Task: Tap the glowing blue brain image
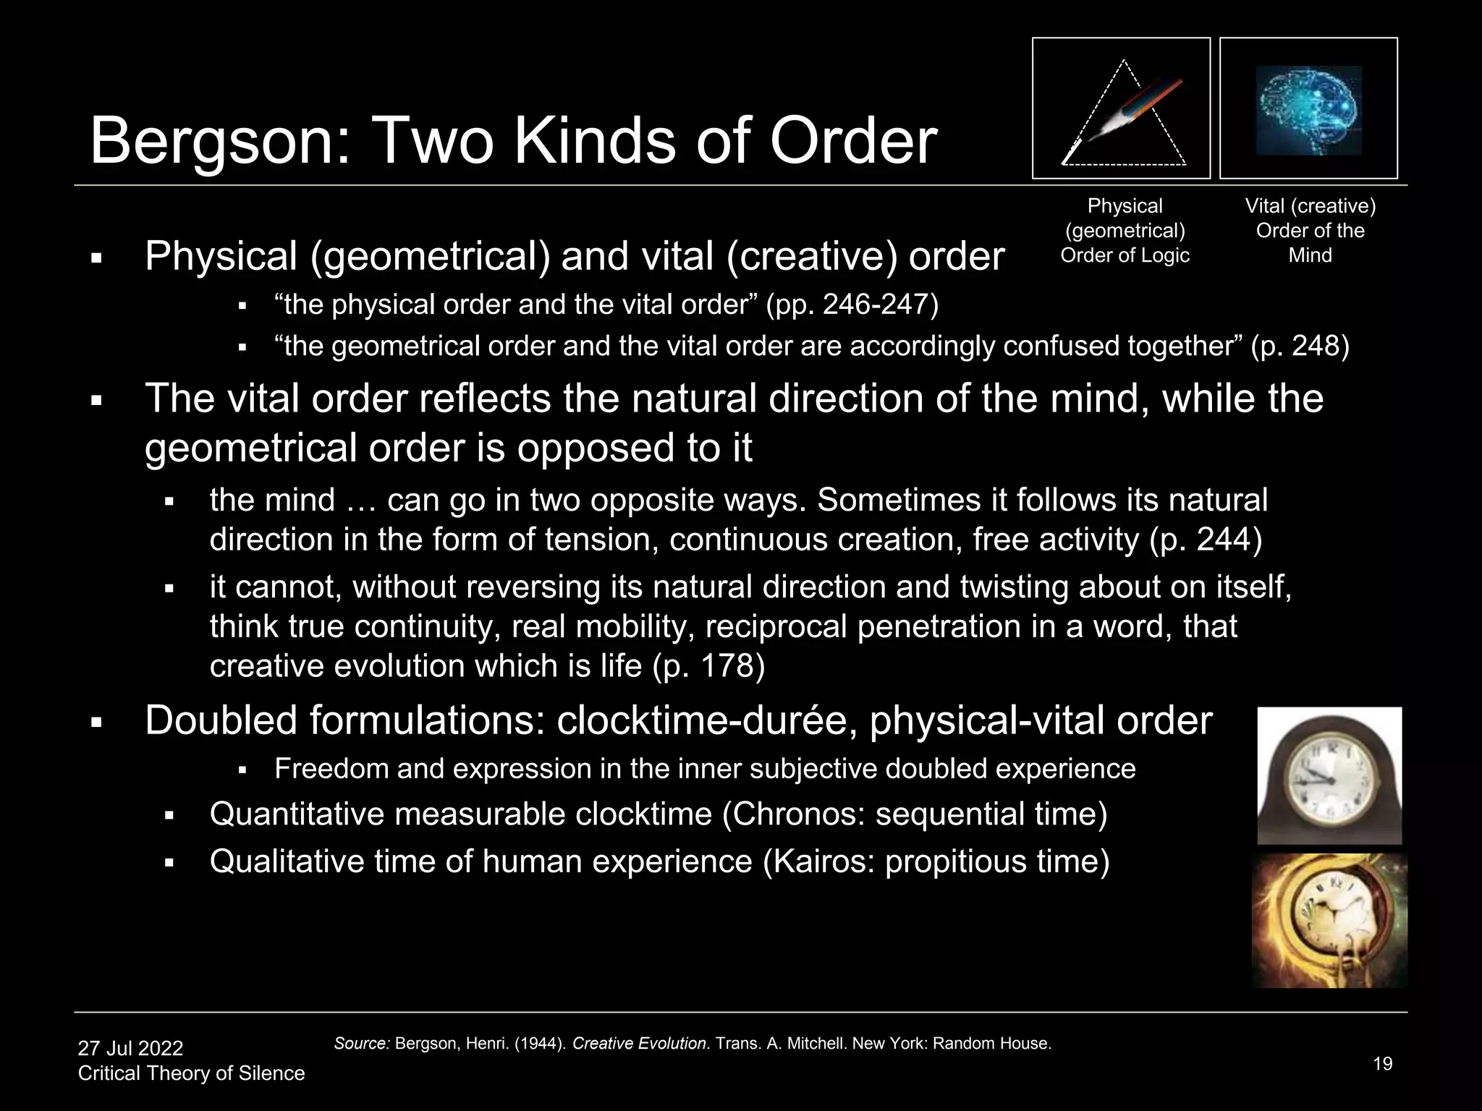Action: pyautogui.click(x=1308, y=110)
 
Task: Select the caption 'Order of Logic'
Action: pyautogui.click(x=1125, y=255)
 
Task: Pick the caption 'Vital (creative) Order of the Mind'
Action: pyautogui.click(x=1310, y=230)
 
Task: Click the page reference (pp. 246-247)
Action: pyautogui.click(x=852, y=305)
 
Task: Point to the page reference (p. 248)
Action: pyautogui.click(x=1300, y=346)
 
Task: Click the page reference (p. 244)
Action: pyautogui.click(x=1205, y=540)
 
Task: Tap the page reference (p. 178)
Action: pyautogui.click(x=708, y=665)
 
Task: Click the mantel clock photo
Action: pyautogui.click(x=1329, y=775)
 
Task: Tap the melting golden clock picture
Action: pyautogui.click(x=1329, y=921)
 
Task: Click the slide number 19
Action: pyautogui.click(x=1382, y=1064)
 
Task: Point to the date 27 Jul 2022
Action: pyautogui.click(x=130, y=1048)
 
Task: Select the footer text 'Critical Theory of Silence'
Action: pyautogui.click(x=191, y=1073)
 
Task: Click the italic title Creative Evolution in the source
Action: pyautogui.click(x=639, y=1044)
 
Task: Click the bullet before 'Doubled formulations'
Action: pyautogui.click(x=96, y=723)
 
